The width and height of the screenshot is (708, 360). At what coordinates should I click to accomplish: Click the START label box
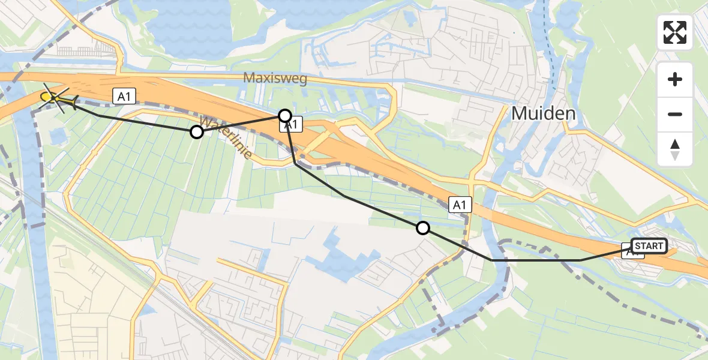coord(649,246)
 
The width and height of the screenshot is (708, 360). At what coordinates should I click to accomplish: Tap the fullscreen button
coord(675,32)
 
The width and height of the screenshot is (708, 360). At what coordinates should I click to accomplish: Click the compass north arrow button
coord(675,149)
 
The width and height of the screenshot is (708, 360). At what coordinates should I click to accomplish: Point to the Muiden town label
coord(544,113)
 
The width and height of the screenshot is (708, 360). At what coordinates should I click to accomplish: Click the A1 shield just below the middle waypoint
coord(290,125)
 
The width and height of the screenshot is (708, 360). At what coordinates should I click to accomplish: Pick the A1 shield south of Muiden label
coord(460,205)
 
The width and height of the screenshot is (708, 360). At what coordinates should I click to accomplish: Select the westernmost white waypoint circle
coord(197,132)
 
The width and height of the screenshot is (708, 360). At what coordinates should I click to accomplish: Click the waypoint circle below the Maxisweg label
coord(285,115)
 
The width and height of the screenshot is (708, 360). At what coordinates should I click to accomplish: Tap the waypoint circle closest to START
coord(423,227)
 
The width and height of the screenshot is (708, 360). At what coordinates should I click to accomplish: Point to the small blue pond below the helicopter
coord(58,135)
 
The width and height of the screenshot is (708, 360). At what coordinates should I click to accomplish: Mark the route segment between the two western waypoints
coord(240,124)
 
